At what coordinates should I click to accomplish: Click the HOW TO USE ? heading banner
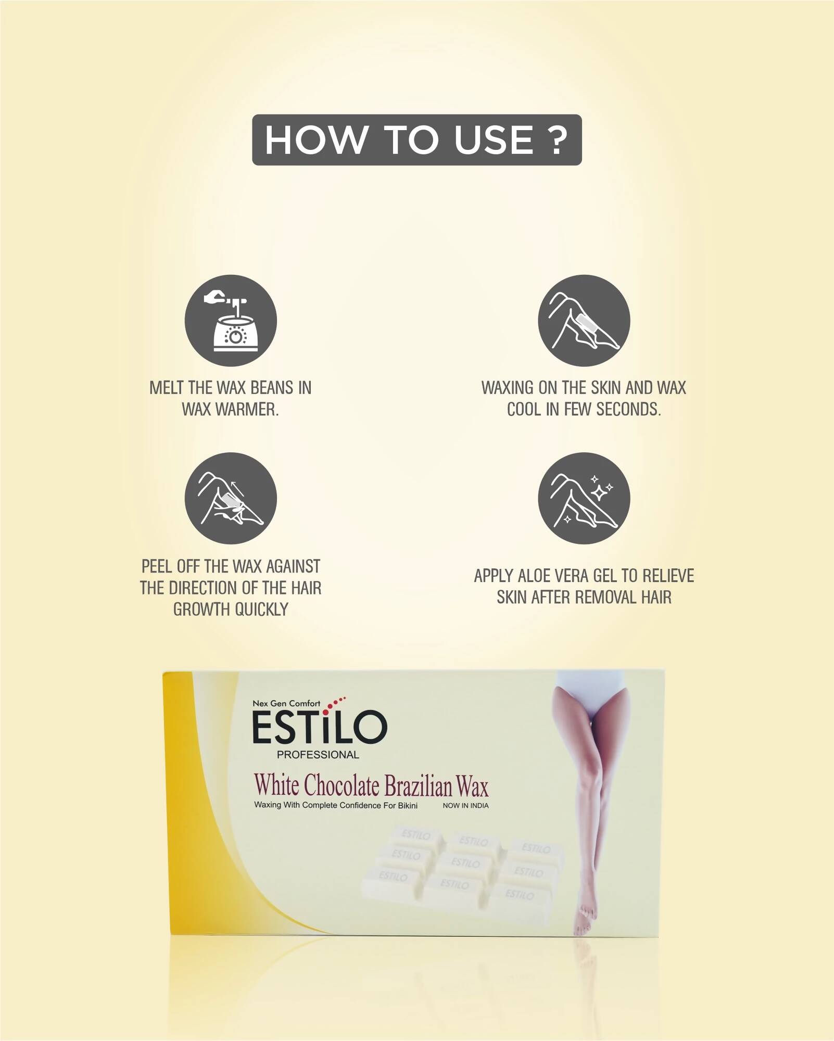(416, 140)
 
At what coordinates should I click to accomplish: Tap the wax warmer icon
(231, 321)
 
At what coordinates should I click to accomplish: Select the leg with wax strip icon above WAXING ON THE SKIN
(584, 321)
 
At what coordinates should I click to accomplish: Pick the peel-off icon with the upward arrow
(231, 498)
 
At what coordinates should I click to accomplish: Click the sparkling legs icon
(584, 498)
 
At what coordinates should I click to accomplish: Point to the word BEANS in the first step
(272, 388)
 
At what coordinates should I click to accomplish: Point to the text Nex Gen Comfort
(286, 704)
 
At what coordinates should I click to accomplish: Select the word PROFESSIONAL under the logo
(318, 755)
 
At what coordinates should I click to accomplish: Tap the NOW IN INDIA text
(465, 806)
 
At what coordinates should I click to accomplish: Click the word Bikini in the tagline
(408, 806)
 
